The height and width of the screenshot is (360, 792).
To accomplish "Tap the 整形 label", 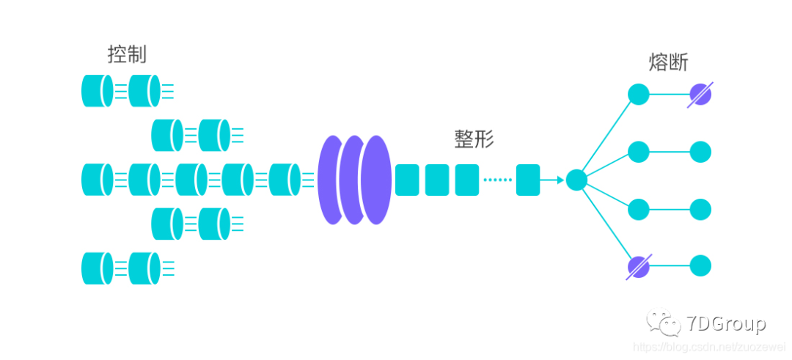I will pyautogui.click(x=474, y=139).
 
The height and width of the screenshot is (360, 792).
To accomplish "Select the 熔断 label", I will pyautogui.click(x=668, y=62).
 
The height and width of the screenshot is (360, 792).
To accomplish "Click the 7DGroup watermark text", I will pyautogui.click(x=727, y=323).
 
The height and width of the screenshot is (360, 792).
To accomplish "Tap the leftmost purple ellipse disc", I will pyautogui.click(x=334, y=180).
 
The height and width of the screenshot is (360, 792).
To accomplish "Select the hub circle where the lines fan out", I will pyautogui.click(x=576, y=180).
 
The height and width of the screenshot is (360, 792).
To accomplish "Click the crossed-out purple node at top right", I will pyautogui.click(x=700, y=94).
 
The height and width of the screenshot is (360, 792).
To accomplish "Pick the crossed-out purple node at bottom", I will pyautogui.click(x=638, y=266).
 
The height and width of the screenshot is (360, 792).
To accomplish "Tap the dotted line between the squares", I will pyautogui.click(x=497, y=180).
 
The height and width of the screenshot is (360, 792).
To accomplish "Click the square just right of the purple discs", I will pyautogui.click(x=407, y=180).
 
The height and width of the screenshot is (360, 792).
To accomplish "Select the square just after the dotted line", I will pyautogui.click(x=528, y=180).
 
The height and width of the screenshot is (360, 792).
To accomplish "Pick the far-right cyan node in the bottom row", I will pyautogui.click(x=700, y=266).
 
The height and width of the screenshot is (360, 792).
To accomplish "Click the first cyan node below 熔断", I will pyautogui.click(x=638, y=94).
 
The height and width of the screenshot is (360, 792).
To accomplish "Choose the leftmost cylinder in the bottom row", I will pyautogui.click(x=97, y=268).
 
